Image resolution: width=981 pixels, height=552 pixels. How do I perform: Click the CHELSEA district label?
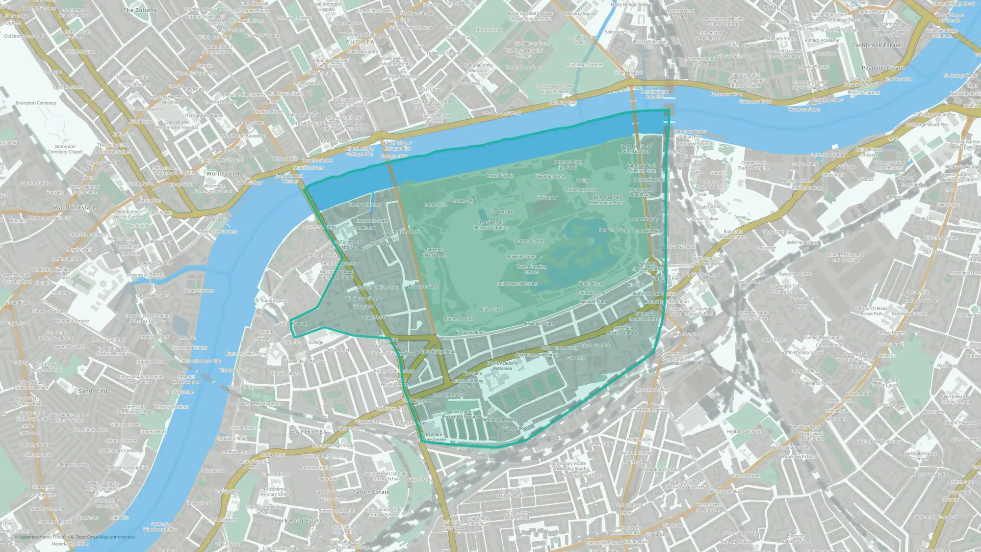point(360,42)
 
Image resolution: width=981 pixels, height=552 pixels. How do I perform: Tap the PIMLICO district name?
point(778,8)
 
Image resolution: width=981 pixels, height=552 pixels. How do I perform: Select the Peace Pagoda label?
point(499,176)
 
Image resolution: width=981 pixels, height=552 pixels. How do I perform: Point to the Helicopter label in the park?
point(547,198)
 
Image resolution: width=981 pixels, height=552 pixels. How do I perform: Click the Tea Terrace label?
point(502,211)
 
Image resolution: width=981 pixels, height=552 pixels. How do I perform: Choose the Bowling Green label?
point(522,257)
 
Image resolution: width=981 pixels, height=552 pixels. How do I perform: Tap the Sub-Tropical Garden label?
point(517,284)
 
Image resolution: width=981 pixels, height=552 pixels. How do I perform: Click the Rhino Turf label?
point(491,310)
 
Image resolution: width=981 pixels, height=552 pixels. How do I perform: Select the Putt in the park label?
point(459,319)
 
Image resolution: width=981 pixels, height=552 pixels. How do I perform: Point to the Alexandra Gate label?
point(539,324)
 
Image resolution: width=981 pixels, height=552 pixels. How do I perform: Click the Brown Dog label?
point(463,201)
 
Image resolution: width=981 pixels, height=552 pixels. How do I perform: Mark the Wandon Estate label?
point(75,208)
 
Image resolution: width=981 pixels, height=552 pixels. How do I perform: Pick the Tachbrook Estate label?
point(877,45)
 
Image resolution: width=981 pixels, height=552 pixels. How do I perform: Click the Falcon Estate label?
point(371,492)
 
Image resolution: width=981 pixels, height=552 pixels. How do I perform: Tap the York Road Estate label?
point(298,521)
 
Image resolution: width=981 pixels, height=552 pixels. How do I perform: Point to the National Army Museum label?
point(479,68)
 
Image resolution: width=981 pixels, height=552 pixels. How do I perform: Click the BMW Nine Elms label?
point(802,243)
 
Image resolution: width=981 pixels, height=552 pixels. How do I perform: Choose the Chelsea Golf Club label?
point(108,340)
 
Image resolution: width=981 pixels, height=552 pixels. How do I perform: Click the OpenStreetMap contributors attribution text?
point(103,537)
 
